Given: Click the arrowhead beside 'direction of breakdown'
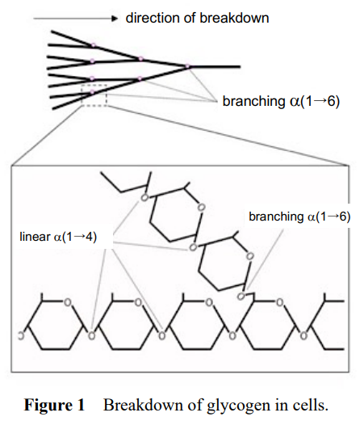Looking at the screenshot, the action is tap(115, 19).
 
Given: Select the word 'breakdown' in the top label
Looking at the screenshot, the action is tap(234, 18).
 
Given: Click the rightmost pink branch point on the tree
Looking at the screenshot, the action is tap(187, 66).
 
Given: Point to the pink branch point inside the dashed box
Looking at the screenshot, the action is tap(92, 92).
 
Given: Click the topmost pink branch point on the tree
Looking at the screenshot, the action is tap(93, 45).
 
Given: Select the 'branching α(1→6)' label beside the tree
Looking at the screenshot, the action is tap(281, 101).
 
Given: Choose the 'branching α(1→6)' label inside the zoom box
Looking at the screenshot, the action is tap(299, 217).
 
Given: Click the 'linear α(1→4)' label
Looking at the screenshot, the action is tap(58, 237).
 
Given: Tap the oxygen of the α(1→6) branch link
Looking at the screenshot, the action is tap(241, 297).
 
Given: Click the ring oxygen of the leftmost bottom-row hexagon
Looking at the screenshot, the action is tap(67, 302).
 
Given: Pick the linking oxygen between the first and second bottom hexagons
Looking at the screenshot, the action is tap(91, 335).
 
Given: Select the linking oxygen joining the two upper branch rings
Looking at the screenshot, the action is tap(193, 247).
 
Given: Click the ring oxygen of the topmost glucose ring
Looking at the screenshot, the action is tap(201, 207).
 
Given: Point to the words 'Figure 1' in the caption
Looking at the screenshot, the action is tap(54, 405).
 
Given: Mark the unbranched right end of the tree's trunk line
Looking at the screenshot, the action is tap(240, 66).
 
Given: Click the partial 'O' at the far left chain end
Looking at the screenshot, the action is tap(20, 335).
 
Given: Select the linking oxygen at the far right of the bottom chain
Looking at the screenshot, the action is tap(303, 335).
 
